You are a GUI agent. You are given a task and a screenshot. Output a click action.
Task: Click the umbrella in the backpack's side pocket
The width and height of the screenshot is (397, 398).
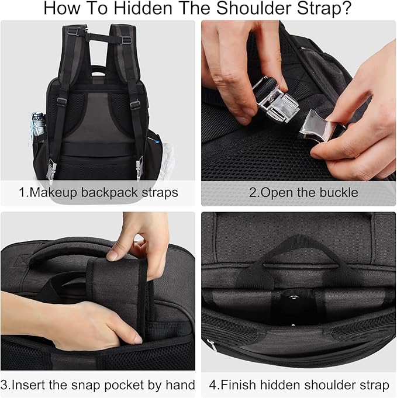[37, 125]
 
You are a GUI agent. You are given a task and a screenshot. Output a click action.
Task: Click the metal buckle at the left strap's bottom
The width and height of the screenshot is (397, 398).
[51, 170]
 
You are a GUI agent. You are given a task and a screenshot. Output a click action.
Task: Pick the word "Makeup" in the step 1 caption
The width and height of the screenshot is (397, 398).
[49, 192]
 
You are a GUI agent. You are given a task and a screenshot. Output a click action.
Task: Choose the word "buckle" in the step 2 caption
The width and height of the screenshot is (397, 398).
[337, 192]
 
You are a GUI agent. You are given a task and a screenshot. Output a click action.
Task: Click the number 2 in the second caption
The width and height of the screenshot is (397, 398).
[253, 192]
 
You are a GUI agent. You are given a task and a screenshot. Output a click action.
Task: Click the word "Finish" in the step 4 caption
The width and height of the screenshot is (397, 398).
[241, 385]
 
